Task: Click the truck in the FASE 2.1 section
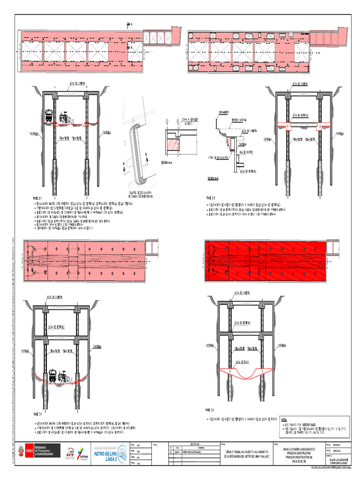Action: tap(49, 116)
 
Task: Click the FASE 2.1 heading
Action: tap(37, 198)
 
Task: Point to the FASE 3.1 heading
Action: tap(37, 414)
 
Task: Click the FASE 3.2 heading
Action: tap(210, 409)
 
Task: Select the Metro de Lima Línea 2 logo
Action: tap(110, 453)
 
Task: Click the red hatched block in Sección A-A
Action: tap(172, 144)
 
